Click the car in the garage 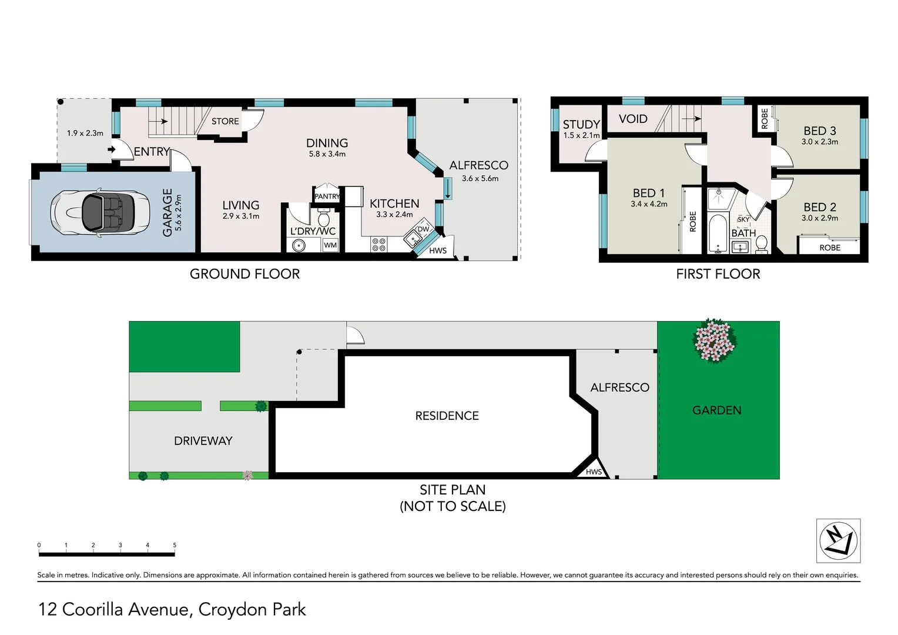(100, 212)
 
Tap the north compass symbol (838, 541)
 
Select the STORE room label (225, 121)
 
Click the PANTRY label (327, 196)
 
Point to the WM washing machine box (330, 245)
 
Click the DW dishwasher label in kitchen (423, 229)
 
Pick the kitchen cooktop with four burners (378, 245)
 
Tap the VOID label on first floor (633, 119)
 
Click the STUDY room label (581, 124)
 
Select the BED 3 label (820, 131)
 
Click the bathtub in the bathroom (718, 234)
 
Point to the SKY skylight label (743, 219)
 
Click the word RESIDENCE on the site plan (447, 416)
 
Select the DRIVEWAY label (203, 441)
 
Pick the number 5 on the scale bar (175, 545)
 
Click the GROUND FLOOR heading (244, 274)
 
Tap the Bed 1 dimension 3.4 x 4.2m (649, 204)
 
